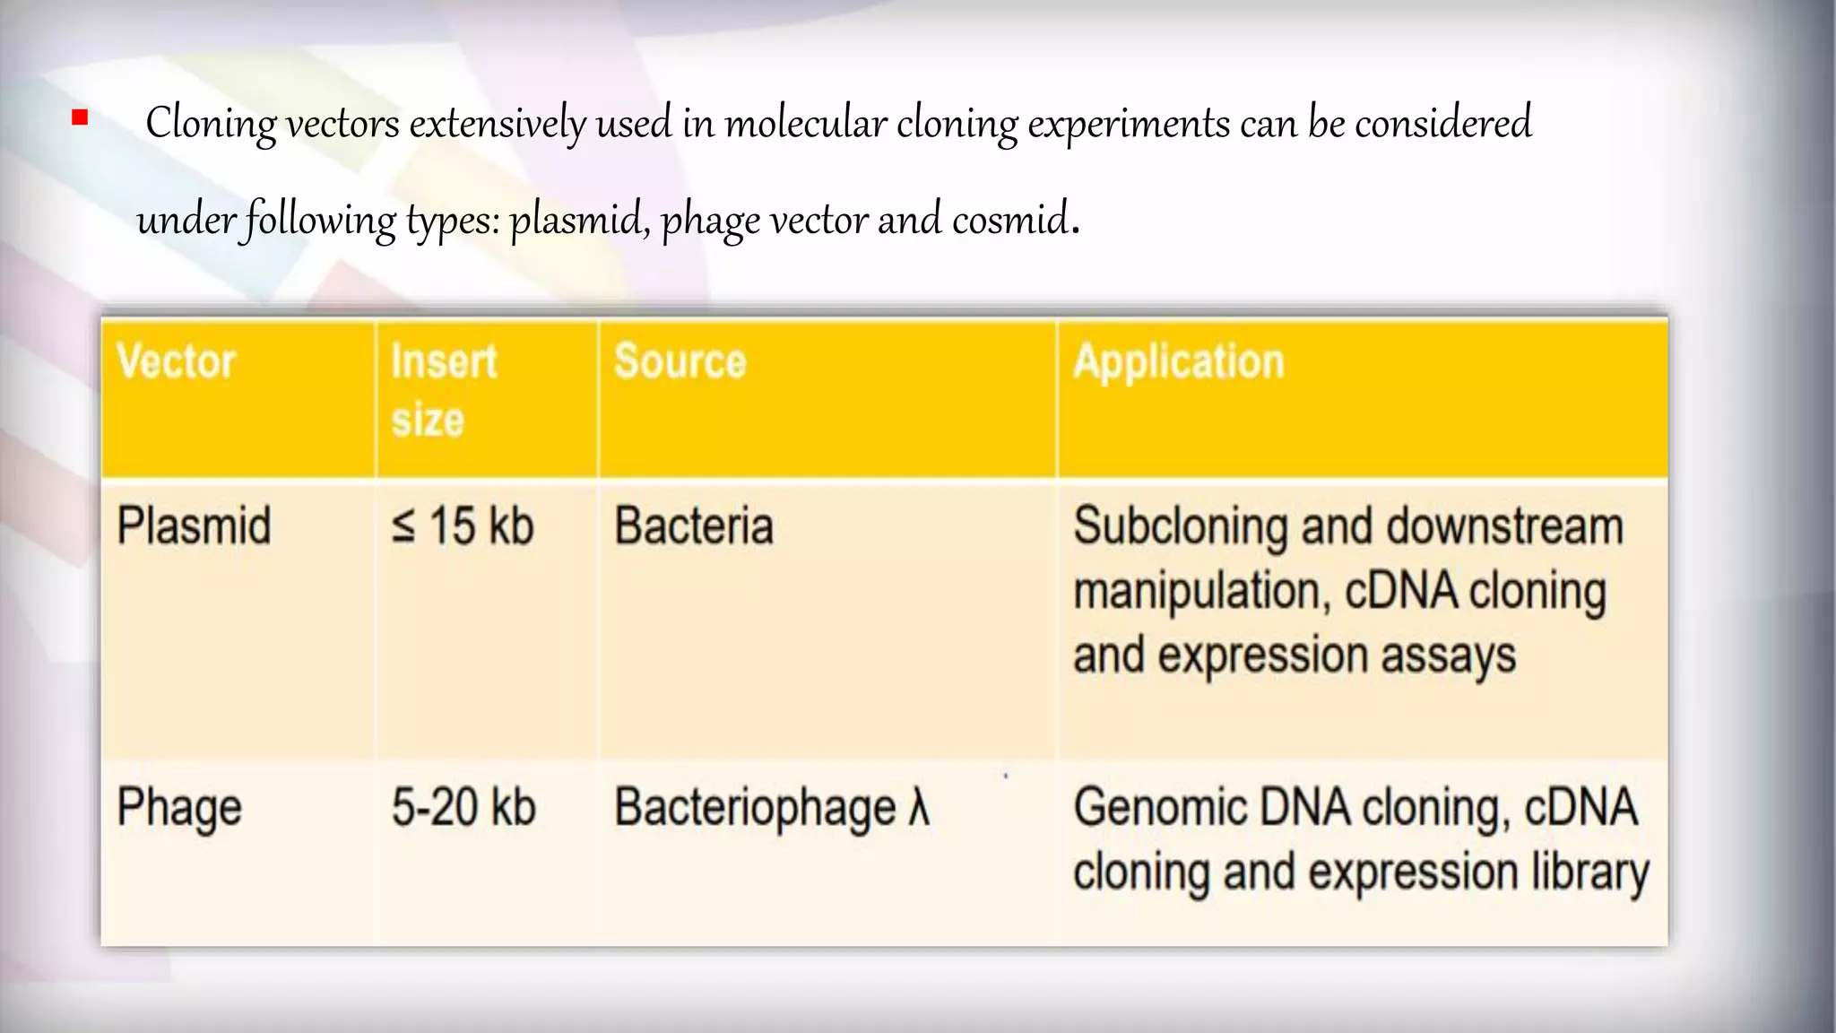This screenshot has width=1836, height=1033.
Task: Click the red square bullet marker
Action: click(80, 117)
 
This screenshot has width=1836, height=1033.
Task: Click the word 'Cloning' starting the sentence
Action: click(211, 124)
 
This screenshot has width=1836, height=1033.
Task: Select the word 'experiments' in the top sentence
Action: click(1129, 124)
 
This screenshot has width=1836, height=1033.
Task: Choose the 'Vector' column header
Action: click(177, 362)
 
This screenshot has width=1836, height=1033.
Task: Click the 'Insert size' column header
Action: click(444, 391)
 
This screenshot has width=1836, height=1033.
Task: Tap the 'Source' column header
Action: click(680, 362)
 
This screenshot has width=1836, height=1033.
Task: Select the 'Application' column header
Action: click(1179, 362)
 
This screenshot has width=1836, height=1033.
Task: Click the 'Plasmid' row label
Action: click(194, 525)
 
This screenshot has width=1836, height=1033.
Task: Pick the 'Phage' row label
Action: click(179, 808)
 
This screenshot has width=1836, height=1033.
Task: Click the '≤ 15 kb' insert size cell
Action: click(463, 525)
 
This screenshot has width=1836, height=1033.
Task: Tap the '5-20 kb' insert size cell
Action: click(463, 807)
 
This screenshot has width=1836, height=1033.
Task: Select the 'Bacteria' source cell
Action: click(693, 525)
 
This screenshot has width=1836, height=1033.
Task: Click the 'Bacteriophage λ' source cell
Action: click(772, 808)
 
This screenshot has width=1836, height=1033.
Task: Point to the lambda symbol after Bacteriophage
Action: click(918, 806)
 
